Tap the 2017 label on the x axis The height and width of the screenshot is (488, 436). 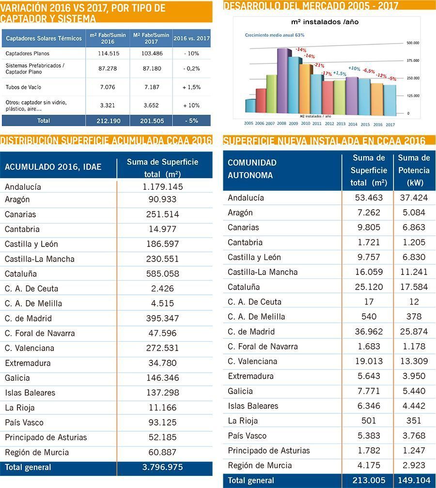coord(390,124)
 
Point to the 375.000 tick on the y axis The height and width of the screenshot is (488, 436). coord(413,61)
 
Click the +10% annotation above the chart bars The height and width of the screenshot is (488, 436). coord(354,68)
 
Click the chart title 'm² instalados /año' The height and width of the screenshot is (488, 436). coord(325,22)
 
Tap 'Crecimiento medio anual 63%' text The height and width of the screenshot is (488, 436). coord(275,35)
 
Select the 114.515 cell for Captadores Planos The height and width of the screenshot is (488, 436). coord(108,54)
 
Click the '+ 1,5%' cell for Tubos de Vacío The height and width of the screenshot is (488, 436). coord(191,87)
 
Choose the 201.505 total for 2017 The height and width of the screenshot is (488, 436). coord(151,121)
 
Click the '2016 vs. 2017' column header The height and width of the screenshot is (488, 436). coord(191,38)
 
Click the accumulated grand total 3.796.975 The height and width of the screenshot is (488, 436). coord(163,468)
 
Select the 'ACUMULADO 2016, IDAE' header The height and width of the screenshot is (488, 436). coord(53,167)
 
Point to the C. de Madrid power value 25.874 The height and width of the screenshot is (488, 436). coord(414,332)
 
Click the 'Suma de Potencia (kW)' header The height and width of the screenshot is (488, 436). coord(414,170)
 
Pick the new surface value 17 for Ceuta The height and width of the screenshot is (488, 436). coord(369,302)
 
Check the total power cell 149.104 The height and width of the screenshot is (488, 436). coord(414,481)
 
